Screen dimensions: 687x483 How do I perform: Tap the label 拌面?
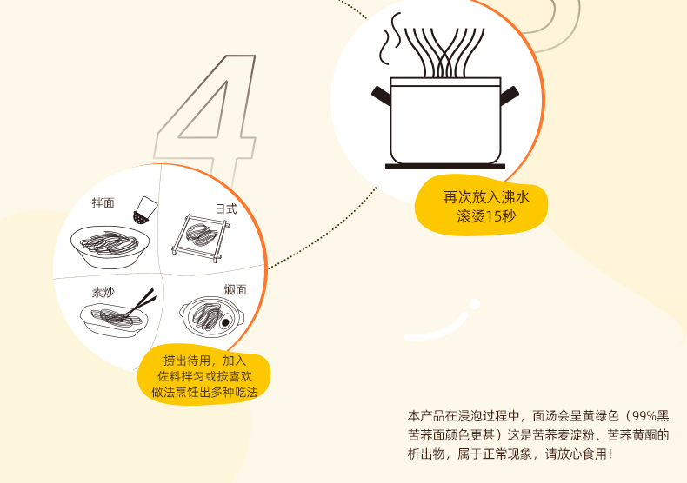point(103,203)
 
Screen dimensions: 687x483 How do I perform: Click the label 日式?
point(226,209)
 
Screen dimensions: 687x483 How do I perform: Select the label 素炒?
point(103,292)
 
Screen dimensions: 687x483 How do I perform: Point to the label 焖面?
point(236,289)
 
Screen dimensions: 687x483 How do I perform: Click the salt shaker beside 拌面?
point(145,210)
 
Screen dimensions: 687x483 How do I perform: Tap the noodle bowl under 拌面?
point(110,247)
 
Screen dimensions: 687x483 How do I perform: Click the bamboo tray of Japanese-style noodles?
point(201,238)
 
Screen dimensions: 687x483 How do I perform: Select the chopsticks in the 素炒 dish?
point(141,302)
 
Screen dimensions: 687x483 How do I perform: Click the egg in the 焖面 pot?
point(225,322)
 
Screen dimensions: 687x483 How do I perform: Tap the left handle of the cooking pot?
point(381,96)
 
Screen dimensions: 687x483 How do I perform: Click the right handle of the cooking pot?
point(510,96)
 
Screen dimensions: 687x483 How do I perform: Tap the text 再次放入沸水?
point(486,197)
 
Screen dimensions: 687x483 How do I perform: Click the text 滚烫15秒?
point(486,216)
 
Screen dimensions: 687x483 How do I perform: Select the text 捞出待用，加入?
point(204,361)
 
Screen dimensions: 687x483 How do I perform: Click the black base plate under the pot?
point(445,167)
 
